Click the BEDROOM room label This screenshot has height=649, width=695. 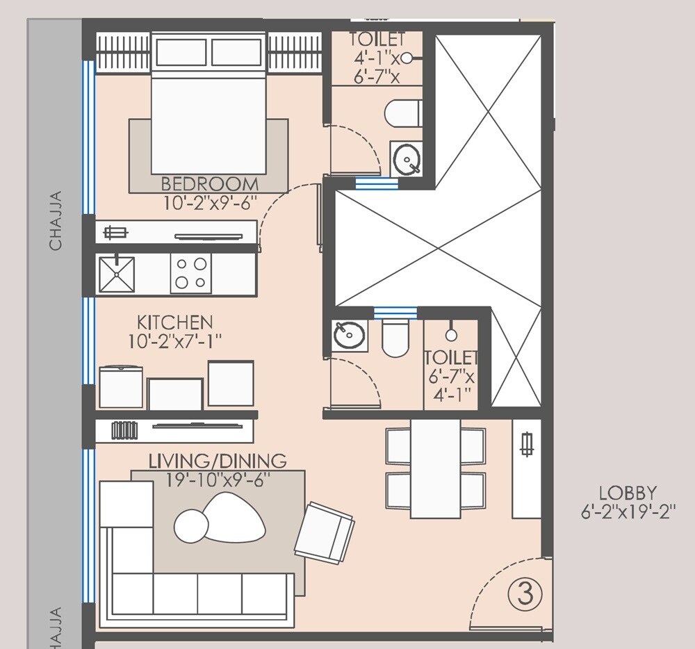[x=209, y=184]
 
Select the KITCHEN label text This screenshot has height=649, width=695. [x=174, y=322]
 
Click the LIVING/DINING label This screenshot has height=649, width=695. [x=217, y=461]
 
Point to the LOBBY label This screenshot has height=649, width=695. [x=628, y=493]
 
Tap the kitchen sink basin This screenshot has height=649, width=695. [x=116, y=274]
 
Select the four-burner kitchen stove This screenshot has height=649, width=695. [x=191, y=273]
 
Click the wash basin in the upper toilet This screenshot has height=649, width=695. [x=406, y=161]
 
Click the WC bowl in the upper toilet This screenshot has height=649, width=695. [x=403, y=113]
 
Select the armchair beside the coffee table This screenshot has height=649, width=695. [x=325, y=532]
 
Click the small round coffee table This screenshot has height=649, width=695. [x=189, y=526]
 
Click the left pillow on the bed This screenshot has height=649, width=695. [x=181, y=53]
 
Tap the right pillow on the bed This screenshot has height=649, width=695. [x=236, y=53]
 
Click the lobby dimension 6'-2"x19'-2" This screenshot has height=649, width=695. [x=628, y=513]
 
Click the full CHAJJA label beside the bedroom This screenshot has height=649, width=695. [x=56, y=220]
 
